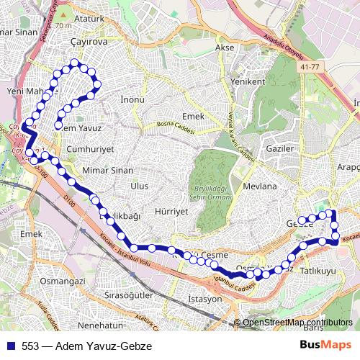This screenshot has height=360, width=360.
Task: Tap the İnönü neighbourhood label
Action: pos(133,99)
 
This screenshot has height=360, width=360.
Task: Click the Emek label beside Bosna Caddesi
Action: pos(194,116)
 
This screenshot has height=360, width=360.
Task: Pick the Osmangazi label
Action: pos(63,281)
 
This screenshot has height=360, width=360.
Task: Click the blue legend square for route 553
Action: pos(9,346)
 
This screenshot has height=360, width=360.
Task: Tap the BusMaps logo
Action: pos(326,346)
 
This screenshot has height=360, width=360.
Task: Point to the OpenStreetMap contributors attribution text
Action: pos(297,323)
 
